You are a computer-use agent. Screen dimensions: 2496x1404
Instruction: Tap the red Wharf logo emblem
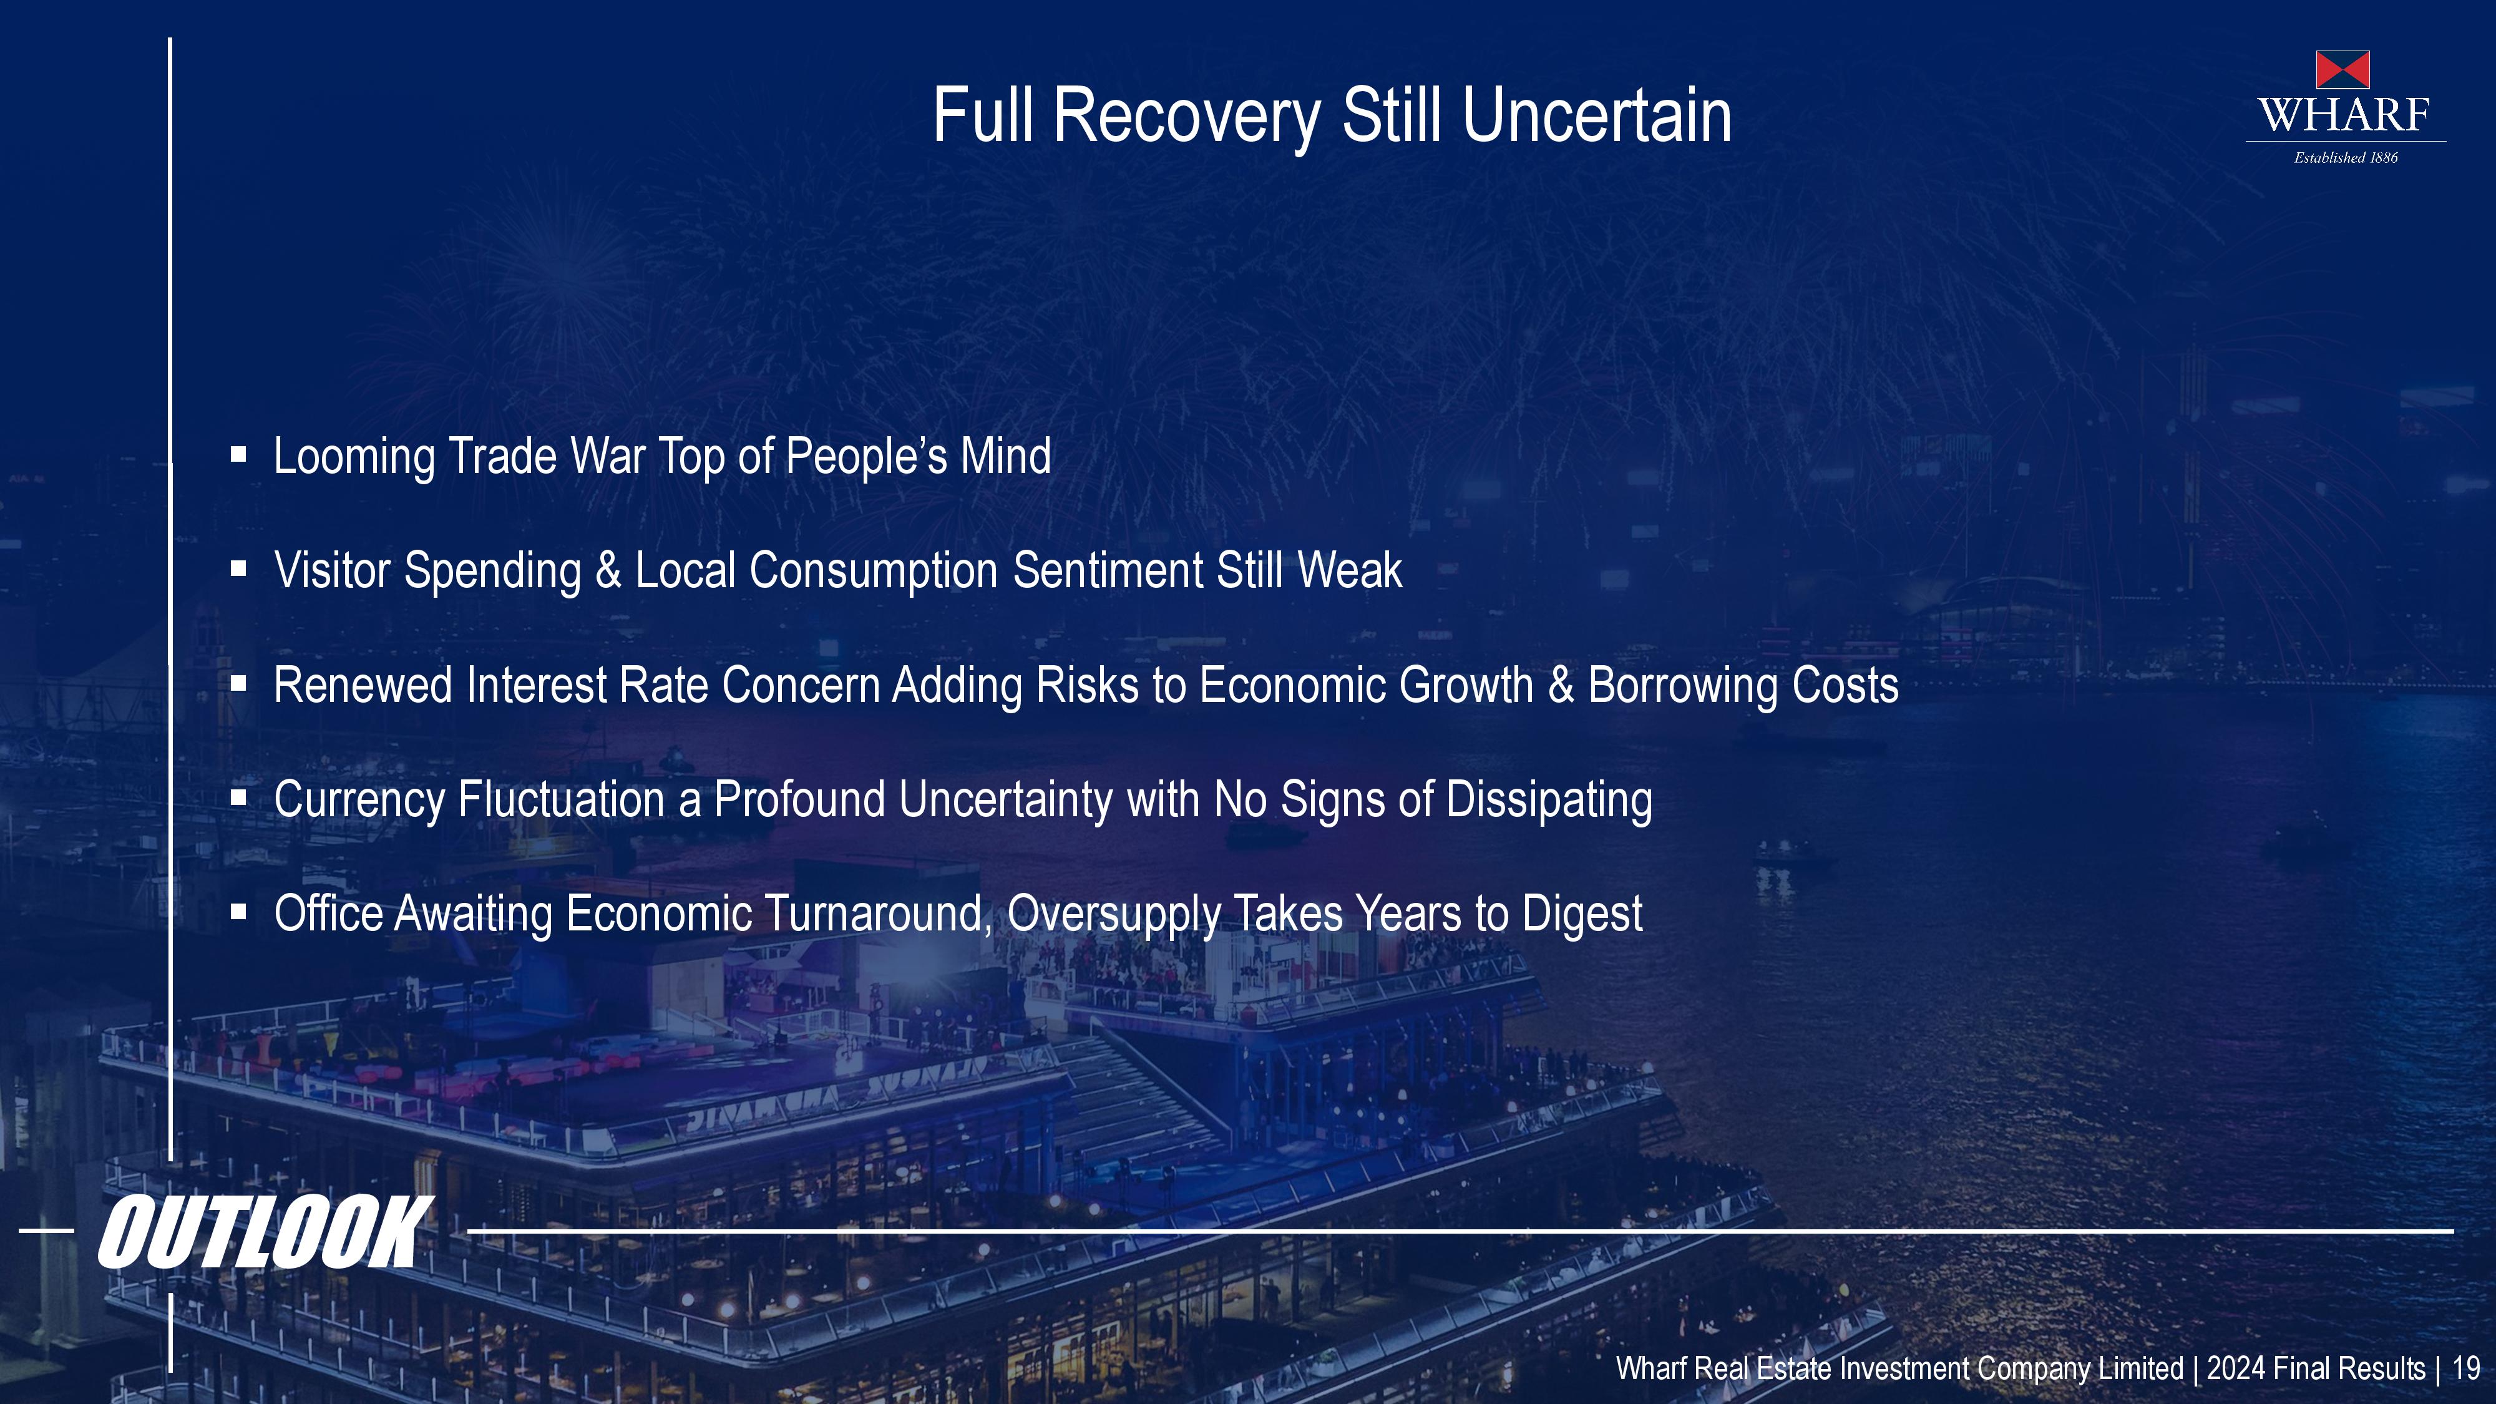pos(2343,70)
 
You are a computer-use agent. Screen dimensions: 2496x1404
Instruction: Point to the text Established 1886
pos(2346,158)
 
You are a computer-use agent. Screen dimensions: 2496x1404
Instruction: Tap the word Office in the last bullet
pos(328,914)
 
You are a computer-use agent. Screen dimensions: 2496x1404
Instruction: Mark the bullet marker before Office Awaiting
pos(238,912)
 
